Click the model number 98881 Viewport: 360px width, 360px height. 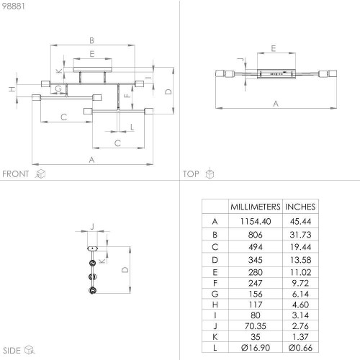click(x=14, y=6)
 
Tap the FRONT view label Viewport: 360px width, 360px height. click(x=15, y=174)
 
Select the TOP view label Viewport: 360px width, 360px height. click(x=191, y=174)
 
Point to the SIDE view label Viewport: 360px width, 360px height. click(x=12, y=351)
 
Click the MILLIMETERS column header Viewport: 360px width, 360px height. click(x=256, y=207)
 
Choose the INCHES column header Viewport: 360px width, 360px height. click(x=300, y=207)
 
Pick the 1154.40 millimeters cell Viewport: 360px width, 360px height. click(x=256, y=221)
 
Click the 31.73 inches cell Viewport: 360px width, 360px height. click(x=300, y=235)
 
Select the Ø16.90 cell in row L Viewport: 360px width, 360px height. click(x=256, y=348)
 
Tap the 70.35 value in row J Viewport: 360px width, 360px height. click(x=256, y=326)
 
